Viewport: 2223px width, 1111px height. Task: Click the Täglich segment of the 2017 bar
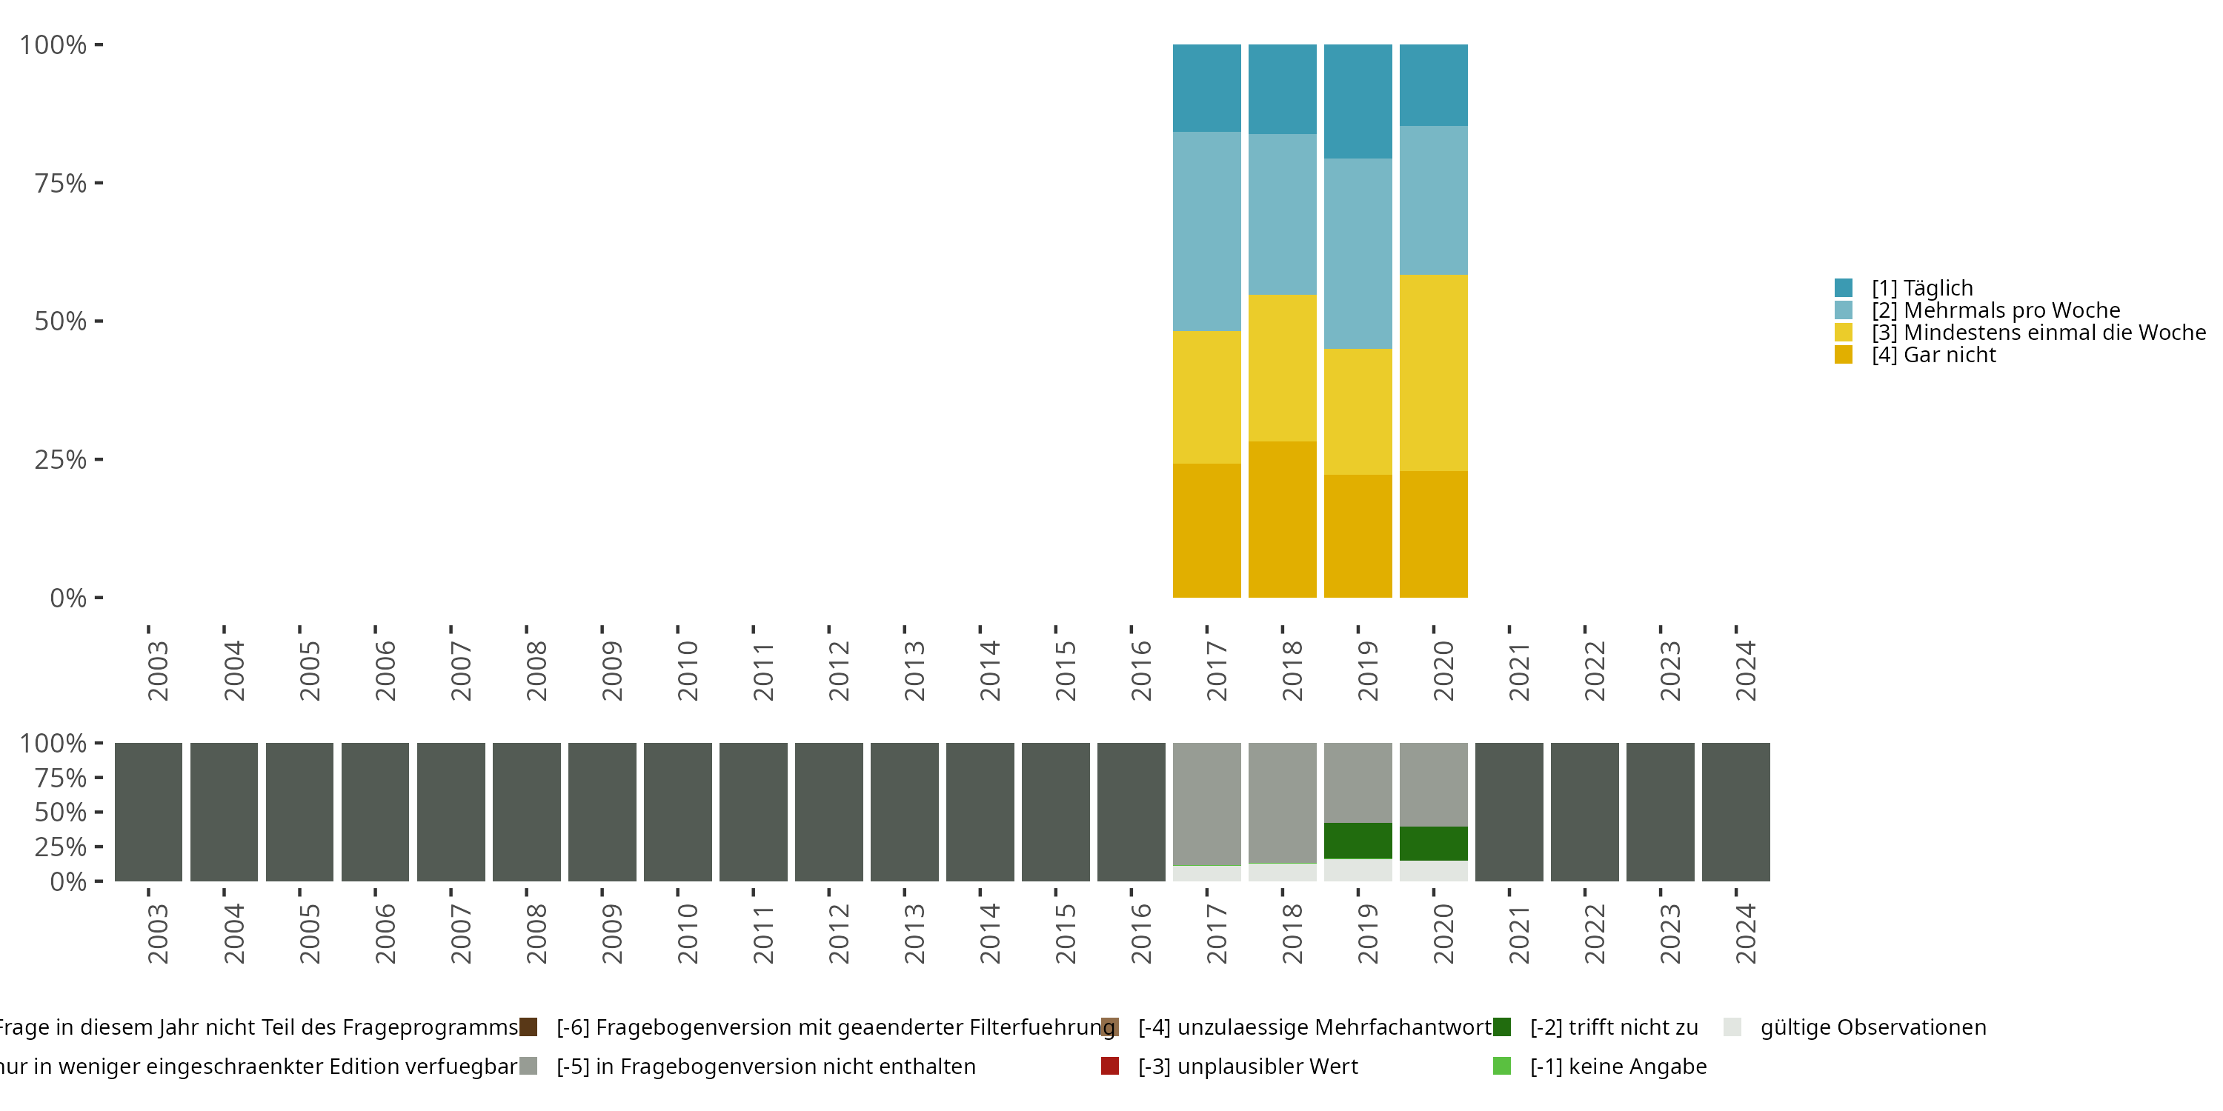click(x=1206, y=88)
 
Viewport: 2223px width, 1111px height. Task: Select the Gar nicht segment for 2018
click(x=1283, y=519)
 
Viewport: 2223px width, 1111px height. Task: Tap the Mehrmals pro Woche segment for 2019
click(x=1358, y=253)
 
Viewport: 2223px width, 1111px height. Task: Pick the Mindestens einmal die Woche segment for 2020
click(x=1433, y=373)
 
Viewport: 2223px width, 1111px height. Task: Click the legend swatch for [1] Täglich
click(x=1844, y=288)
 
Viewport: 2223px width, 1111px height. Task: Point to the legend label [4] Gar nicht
click(x=1933, y=356)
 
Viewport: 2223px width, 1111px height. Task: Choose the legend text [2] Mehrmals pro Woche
click(x=1996, y=310)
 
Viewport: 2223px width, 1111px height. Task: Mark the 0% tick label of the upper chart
click(x=68, y=598)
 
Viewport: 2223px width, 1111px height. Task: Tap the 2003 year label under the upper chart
click(x=158, y=670)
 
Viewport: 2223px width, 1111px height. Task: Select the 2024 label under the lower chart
click(x=1746, y=933)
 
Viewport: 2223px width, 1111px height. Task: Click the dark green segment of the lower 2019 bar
click(x=1358, y=840)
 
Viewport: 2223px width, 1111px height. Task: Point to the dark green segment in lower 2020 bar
click(x=1433, y=843)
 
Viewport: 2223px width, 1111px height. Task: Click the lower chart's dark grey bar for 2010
click(x=677, y=812)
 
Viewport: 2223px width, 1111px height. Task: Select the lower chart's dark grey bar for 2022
click(x=1584, y=812)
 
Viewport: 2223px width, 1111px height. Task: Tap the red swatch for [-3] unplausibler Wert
click(x=1111, y=1066)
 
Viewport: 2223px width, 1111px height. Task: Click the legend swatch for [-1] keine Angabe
click(x=1501, y=1066)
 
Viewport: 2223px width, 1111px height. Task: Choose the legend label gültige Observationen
click(x=1873, y=1027)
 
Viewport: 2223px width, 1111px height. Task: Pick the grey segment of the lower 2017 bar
click(x=1206, y=804)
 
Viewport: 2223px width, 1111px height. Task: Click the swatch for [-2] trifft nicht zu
click(x=1501, y=1027)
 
